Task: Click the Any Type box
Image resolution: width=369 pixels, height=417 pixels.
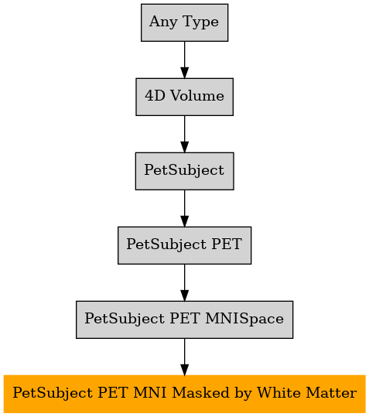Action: (184, 22)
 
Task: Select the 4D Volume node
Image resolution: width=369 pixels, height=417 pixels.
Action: (184, 97)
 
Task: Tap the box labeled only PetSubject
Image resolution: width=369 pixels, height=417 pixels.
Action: (184, 171)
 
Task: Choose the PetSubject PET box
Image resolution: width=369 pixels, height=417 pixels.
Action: (184, 245)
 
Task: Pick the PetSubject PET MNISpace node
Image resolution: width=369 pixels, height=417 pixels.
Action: (184, 320)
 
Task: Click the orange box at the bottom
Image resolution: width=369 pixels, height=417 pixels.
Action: (184, 394)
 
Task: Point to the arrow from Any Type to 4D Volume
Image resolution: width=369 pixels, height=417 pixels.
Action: (184, 60)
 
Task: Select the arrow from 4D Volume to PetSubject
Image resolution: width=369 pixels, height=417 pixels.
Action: (184, 134)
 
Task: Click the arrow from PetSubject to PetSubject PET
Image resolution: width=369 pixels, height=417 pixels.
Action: (184, 208)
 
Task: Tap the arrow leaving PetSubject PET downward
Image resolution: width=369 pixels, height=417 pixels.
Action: (184, 282)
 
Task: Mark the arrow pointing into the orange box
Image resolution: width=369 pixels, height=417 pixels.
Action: (184, 357)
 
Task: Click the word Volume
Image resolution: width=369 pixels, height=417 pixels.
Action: (197, 96)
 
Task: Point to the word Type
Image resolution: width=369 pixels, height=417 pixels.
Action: (200, 22)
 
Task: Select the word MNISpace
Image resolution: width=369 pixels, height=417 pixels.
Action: (244, 319)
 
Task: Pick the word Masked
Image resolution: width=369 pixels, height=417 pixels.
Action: (200, 393)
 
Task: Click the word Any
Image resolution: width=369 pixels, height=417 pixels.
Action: (163, 22)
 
